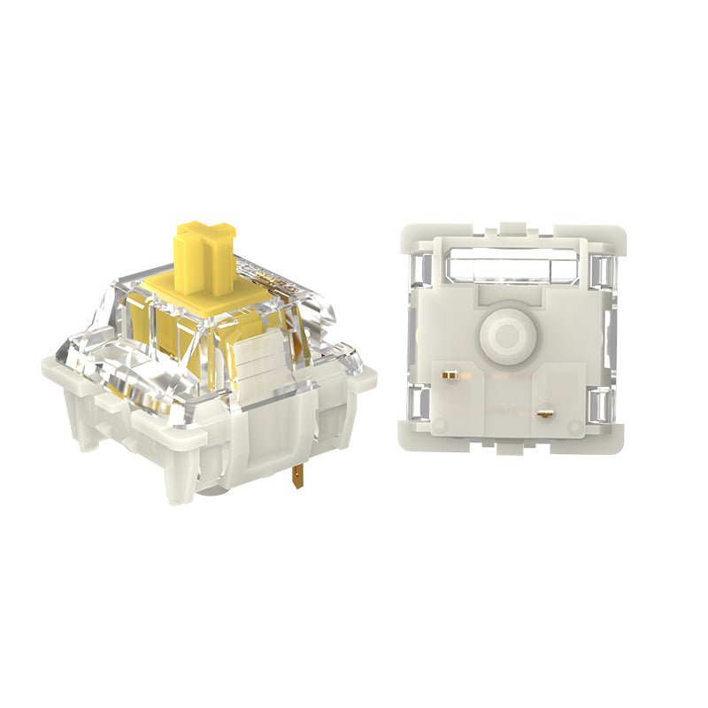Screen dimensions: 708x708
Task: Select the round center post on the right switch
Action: (x=505, y=335)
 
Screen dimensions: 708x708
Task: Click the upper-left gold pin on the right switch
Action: (x=450, y=375)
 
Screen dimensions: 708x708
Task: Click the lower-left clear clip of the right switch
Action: (x=419, y=405)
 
